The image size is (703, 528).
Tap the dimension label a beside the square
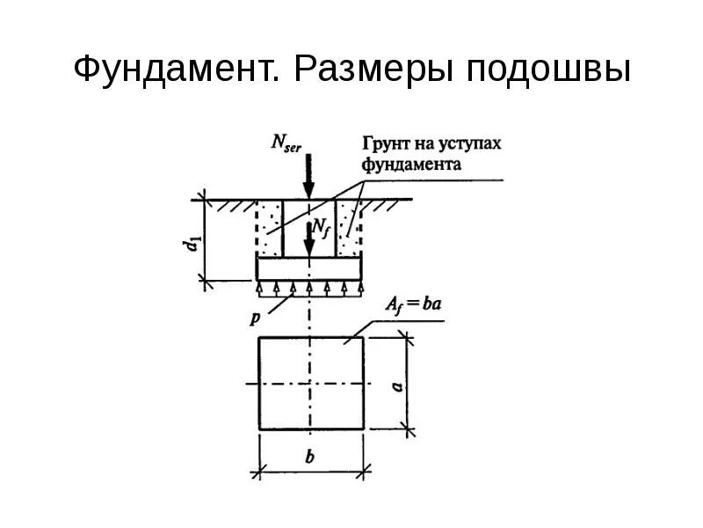tap(397, 385)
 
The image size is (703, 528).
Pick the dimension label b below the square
tap(311, 458)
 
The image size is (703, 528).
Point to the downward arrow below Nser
tap(308, 177)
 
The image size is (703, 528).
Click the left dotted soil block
tap(268, 228)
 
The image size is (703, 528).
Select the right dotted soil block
tap(350, 228)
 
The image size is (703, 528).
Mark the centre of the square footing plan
tap(311, 384)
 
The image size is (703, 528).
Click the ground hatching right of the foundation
tap(387, 203)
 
